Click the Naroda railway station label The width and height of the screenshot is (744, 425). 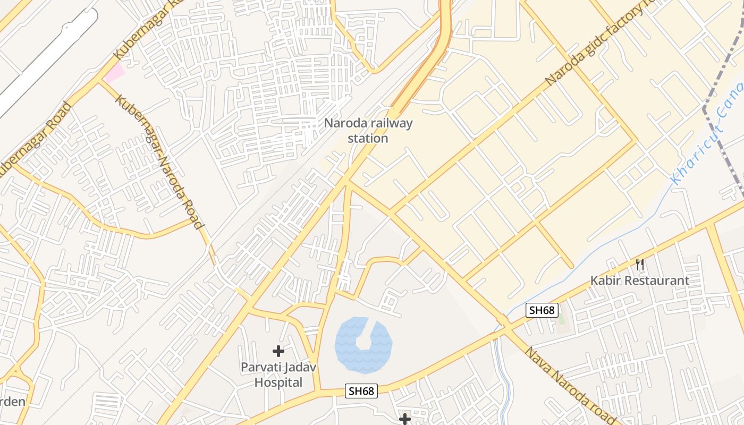(x=368, y=131)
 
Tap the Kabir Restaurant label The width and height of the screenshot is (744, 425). (x=640, y=280)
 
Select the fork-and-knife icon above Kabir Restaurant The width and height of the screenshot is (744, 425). (x=640, y=264)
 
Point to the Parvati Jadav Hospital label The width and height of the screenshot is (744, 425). (x=278, y=375)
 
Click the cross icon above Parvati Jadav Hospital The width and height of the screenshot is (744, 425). (x=278, y=351)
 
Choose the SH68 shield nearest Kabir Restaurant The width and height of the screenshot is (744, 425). (x=542, y=310)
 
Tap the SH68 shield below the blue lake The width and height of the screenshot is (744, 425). (x=361, y=392)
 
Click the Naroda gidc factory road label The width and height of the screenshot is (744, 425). (x=595, y=45)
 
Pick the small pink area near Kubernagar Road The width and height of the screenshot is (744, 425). (x=114, y=72)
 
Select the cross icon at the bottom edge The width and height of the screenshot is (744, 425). (x=405, y=419)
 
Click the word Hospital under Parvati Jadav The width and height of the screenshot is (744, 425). (x=278, y=382)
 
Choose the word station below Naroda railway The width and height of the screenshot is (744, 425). (x=368, y=139)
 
